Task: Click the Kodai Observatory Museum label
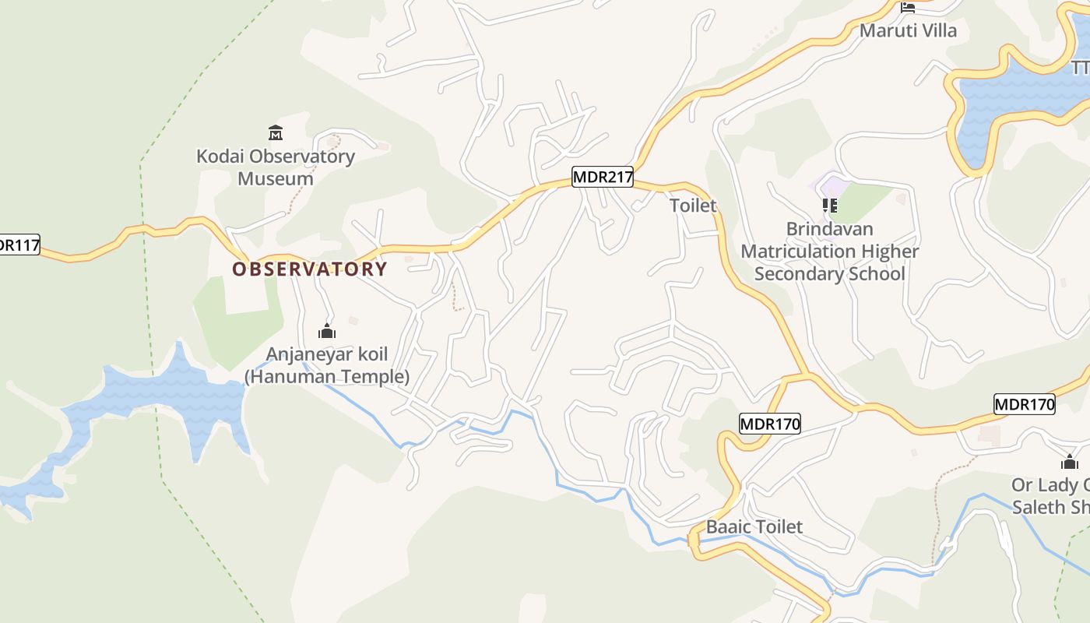coord(276,167)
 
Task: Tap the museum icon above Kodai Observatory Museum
coord(275,132)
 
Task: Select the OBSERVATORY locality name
coord(310,269)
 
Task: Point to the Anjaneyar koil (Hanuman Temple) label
coord(327,365)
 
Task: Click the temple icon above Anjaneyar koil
coord(327,331)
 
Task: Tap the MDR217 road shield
coord(603,178)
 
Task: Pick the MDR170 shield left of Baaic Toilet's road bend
coord(769,424)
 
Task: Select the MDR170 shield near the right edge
coord(1024,404)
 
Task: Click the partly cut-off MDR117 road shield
coord(17,245)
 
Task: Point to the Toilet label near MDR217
coord(693,206)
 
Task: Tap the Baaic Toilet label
coord(754,527)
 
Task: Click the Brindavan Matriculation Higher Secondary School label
coord(829,252)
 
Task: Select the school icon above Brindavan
coord(830,206)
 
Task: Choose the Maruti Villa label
coord(908,31)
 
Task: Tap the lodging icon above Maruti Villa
coord(908,8)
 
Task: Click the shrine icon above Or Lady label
coord(1070,462)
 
